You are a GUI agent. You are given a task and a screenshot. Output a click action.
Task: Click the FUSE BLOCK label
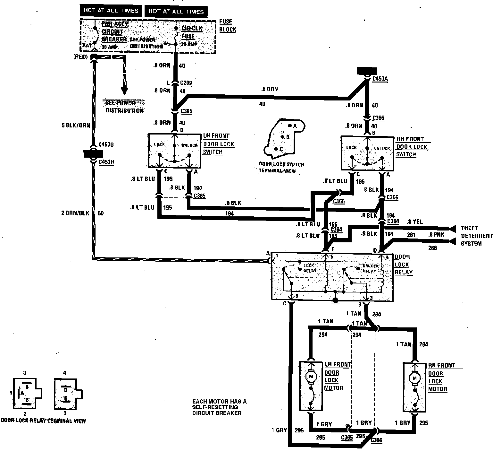coord(228,26)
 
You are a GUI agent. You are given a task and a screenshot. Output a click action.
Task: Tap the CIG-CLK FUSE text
coord(192,32)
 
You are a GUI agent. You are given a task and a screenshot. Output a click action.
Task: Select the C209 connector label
coord(186,83)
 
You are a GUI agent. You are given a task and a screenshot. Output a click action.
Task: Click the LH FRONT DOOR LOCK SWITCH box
coord(175,150)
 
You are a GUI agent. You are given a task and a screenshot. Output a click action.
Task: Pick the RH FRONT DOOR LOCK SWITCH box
coord(367,153)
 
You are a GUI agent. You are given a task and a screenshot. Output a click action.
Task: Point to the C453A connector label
coord(380,79)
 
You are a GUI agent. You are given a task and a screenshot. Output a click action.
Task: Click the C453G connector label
coord(106,145)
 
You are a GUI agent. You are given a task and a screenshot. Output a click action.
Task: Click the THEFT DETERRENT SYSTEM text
coord(476,236)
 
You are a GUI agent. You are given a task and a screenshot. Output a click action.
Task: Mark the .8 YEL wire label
coord(415,222)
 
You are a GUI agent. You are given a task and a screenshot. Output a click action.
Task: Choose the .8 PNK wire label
coord(436,235)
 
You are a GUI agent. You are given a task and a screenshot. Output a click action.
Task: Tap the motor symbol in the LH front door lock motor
coord(310,376)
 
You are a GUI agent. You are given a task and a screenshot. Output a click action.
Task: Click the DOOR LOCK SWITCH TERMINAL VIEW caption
coord(281,168)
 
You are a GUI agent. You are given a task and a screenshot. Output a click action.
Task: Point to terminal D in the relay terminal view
coord(65,390)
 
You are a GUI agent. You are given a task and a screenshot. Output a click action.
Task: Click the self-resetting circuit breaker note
coord(219,407)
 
